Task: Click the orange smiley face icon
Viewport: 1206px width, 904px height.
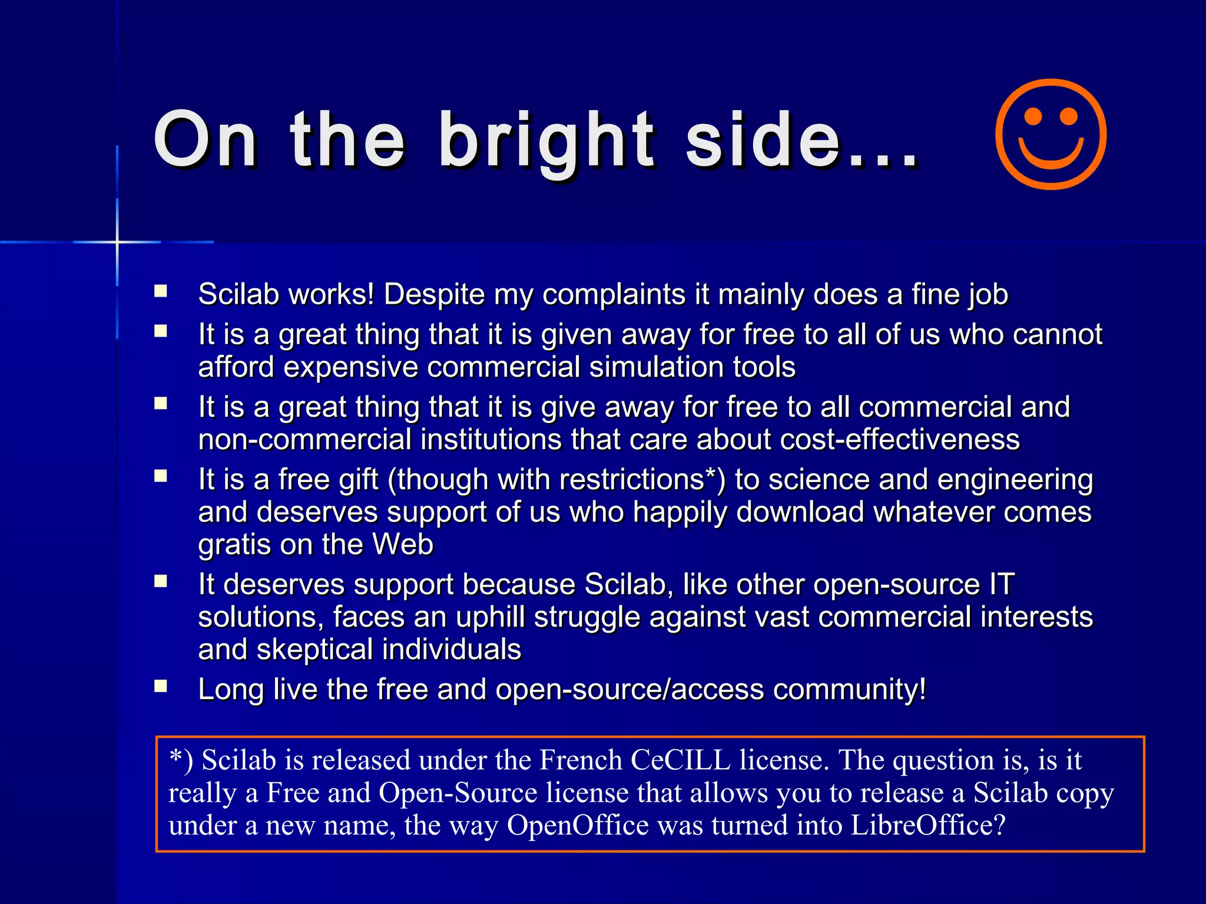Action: pyautogui.click(x=1051, y=135)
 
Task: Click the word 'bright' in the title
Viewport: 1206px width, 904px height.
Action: pyautogui.click(x=546, y=141)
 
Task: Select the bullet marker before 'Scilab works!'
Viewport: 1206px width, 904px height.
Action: pyautogui.click(x=161, y=291)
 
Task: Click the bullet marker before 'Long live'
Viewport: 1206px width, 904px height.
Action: pyautogui.click(x=161, y=686)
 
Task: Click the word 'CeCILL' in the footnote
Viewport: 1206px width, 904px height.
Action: pyautogui.click(x=680, y=760)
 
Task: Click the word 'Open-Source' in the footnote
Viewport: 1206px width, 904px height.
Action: pyautogui.click(x=458, y=793)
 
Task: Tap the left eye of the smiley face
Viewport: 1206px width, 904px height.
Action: pyautogui.click(x=1033, y=116)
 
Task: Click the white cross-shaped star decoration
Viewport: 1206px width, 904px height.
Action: pyautogui.click(x=117, y=242)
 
